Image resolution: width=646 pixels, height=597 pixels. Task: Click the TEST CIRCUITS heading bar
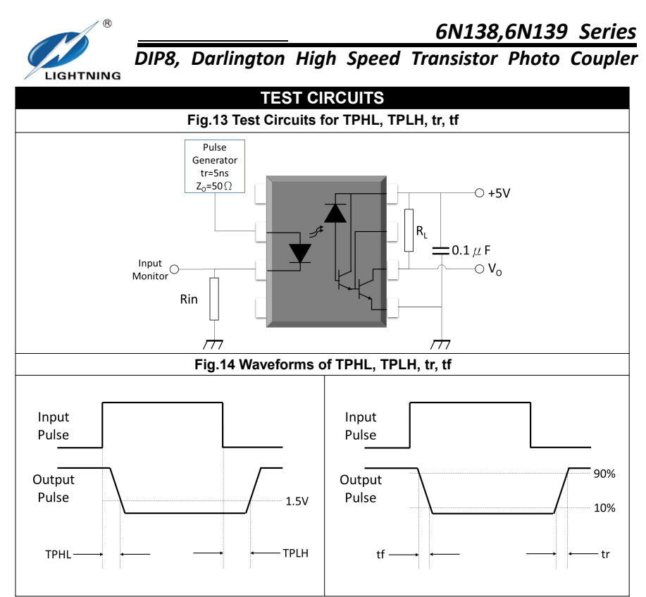tap(322, 98)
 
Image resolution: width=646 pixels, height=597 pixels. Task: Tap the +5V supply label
tap(499, 193)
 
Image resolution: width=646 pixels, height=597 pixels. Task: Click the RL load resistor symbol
tap(409, 230)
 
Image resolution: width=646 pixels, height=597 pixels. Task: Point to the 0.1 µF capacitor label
tap(471, 250)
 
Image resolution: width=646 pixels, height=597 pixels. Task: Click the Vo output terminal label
tap(495, 269)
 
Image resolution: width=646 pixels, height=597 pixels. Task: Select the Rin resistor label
tap(188, 299)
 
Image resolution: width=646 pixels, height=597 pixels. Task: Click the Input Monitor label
tap(150, 269)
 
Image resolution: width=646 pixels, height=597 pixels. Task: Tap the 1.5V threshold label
tap(297, 501)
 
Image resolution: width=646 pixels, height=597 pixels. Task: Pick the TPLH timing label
tap(295, 553)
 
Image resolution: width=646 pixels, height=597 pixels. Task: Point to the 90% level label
tap(604, 474)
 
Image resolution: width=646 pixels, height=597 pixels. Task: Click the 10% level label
tap(604, 507)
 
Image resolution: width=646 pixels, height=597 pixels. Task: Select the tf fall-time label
tap(380, 555)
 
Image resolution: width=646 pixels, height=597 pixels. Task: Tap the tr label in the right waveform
tap(605, 554)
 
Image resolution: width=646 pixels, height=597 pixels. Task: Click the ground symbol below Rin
tap(213, 344)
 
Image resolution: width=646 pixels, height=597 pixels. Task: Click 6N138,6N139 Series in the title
tap(535, 32)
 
